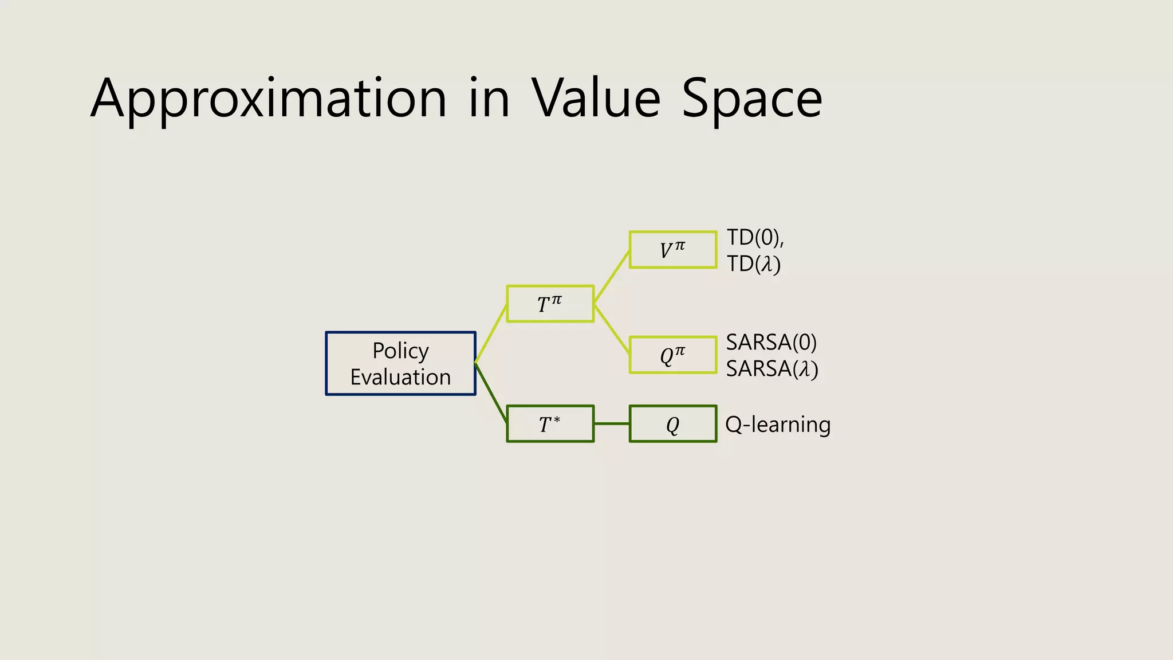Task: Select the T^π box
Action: pyautogui.click(x=550, y=304)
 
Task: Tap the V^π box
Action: pyautogui.click(x=672, y=250)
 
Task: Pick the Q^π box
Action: pyautogui.click(x=672, y=355)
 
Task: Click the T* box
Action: pyautogui.click(x=550, y=424)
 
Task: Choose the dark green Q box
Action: pyautogui.click(x=672, y=424)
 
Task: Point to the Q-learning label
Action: pyautogui.click(x=777, y=425)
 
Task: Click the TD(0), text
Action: pyautogui.click(x=754, y=237)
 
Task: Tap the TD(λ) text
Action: pyautogui.click(x=753, y=264)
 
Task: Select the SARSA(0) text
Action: pyautogui.click(x=771, y=342)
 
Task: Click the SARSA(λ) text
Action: pyautogui.click(x=771, y=368)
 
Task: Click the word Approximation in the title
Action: pyautogui.click(x=268, y=99)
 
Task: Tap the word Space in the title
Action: pyautogui.click(x=751, y=99)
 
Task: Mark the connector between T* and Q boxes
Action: pyautogui.click(x=612, y=424)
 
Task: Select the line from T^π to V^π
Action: pyautogui.click(x=612, y=277)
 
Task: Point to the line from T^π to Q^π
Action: pyautogui.click(x=612, y=329)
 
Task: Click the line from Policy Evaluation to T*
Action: pyautogui.click(x=491, y=393)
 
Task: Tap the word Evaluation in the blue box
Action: pyautogui.click(x=400, y=378)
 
